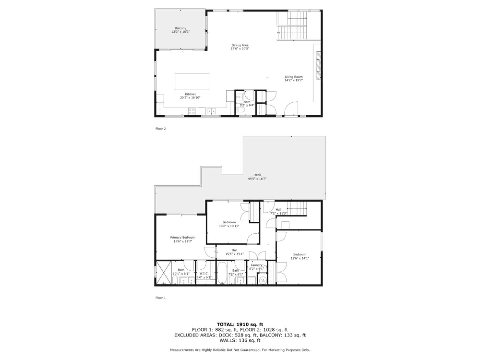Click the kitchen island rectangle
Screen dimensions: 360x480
tap(192, 82)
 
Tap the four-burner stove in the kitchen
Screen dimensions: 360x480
tap(192, 111)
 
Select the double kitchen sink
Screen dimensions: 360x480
tap(211, 111)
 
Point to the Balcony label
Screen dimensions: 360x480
tap(180, 28)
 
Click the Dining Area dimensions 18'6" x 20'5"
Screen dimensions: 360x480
tap(240, 49)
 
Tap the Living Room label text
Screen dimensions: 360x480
tap(293, 77)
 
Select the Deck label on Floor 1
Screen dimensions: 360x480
tap(257, 175)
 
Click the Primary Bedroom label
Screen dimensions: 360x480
tap(183, 237)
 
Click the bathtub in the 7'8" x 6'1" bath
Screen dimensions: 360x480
tap(222, 273)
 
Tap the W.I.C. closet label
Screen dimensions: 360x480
tap(204, 273)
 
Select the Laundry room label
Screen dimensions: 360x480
tap(257, 265)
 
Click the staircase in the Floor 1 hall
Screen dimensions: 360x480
tap(297, 209)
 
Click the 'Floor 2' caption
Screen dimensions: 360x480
tap(160, 129)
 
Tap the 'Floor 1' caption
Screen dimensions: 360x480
tap(160, 298)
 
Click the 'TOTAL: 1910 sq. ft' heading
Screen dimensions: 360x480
tap(240, 324)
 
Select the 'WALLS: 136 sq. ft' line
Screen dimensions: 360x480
tap(240, 340)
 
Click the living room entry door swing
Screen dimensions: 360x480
tap(289, 108)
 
